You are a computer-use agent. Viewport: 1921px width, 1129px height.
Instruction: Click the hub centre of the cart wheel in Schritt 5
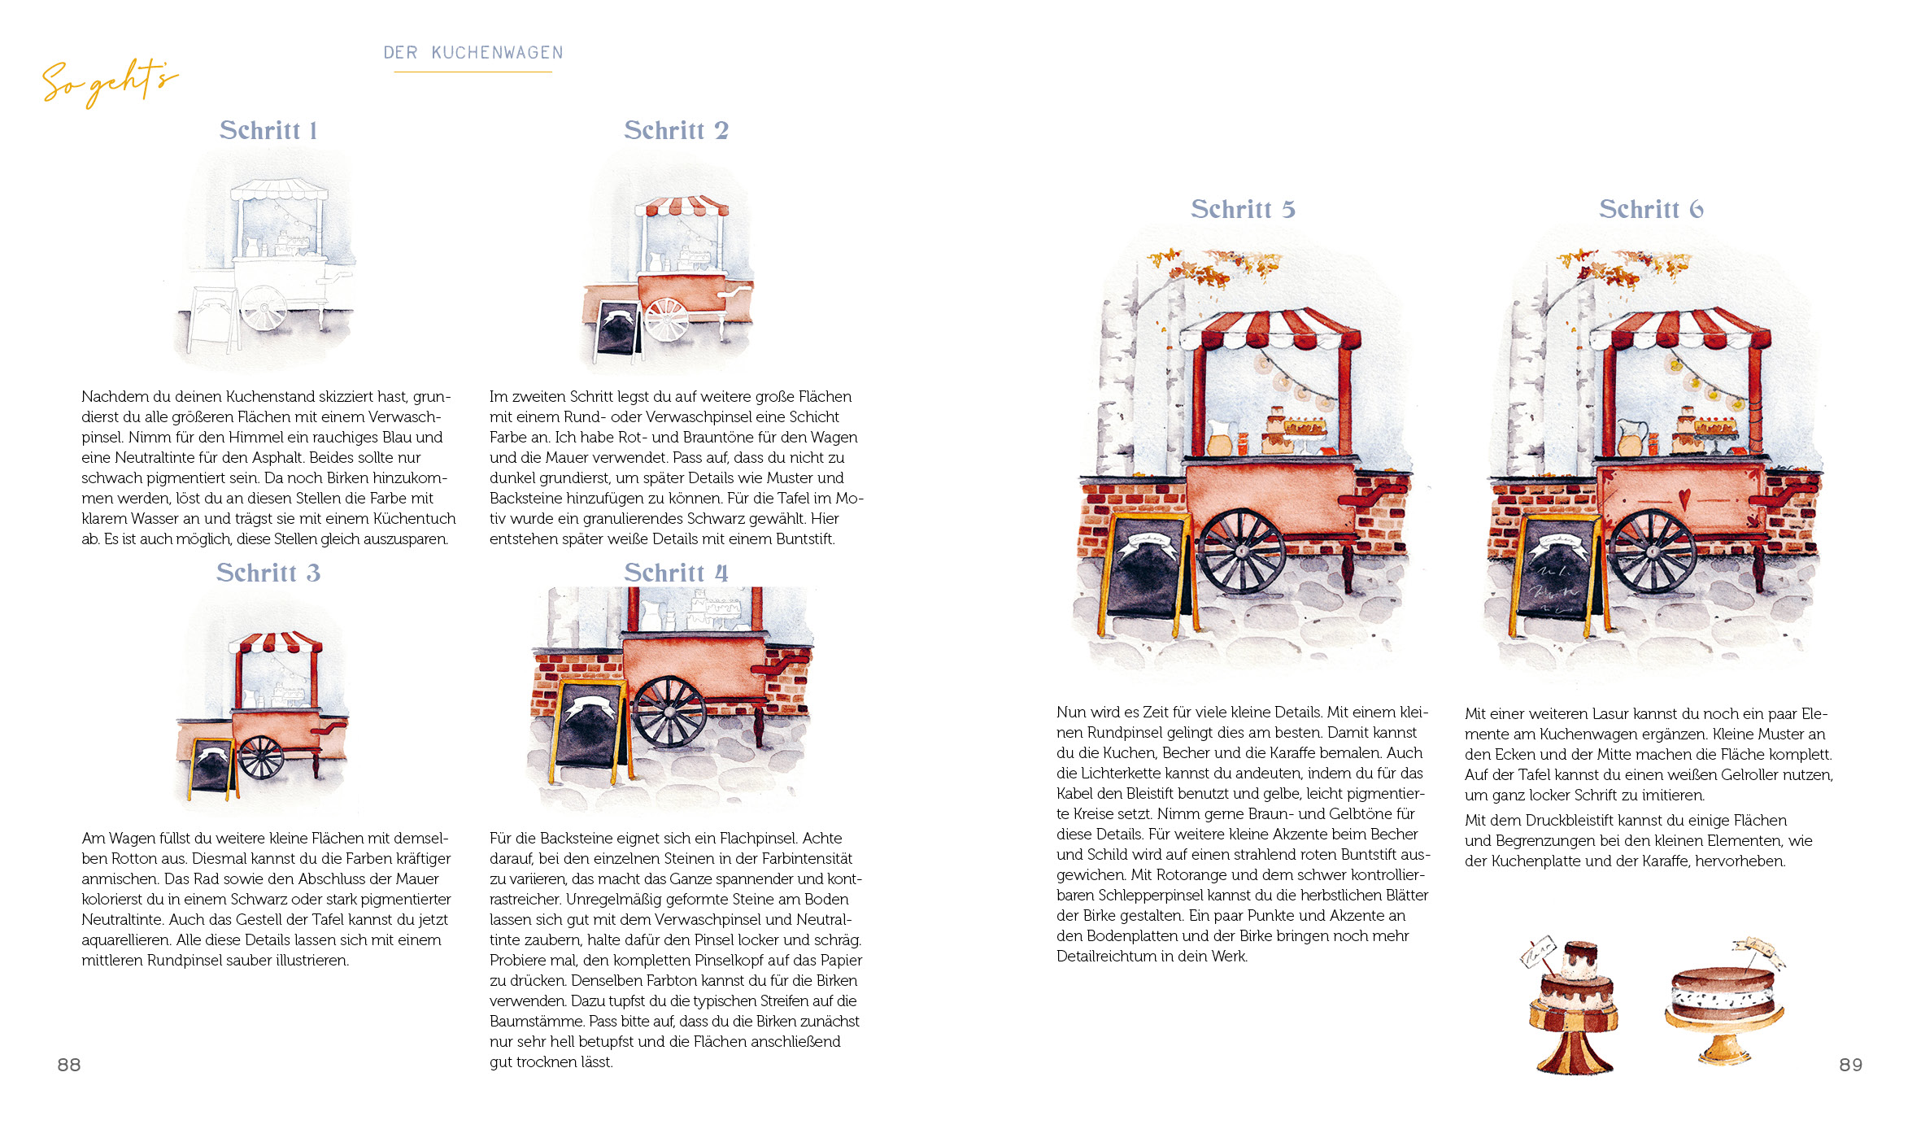coord(1242,551)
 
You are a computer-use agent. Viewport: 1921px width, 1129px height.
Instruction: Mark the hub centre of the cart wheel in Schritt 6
coord(1652,551)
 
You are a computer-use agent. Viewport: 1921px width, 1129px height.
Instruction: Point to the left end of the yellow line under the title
coord(394,72)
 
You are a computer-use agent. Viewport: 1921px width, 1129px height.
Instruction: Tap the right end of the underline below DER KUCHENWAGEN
coord(552,72)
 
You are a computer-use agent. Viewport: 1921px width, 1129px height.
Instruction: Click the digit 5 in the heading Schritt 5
coord(1288,210)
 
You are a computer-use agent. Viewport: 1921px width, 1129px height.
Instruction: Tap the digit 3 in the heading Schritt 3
coord(313,573)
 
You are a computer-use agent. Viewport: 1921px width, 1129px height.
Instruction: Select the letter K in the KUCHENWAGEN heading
coord(437,53)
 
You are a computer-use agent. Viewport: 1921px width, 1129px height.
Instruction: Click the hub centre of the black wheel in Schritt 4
coord(669,711)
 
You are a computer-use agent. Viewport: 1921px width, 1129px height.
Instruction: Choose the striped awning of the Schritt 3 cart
coord(276,642)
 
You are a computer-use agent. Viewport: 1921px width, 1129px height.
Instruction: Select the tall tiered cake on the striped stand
coord(1574,1007)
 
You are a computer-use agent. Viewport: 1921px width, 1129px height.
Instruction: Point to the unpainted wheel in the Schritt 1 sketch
coord(264,307)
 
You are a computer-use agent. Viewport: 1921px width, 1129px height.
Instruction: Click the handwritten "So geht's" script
coord(110,81)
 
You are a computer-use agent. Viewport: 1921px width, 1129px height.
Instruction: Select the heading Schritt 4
coord(676,573)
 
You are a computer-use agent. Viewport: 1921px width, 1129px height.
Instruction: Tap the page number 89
coord(1851,1065)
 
